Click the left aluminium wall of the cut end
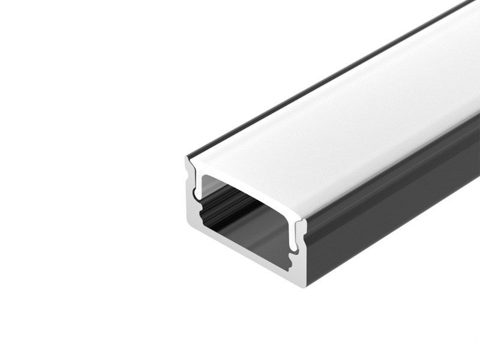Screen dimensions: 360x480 190,198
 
